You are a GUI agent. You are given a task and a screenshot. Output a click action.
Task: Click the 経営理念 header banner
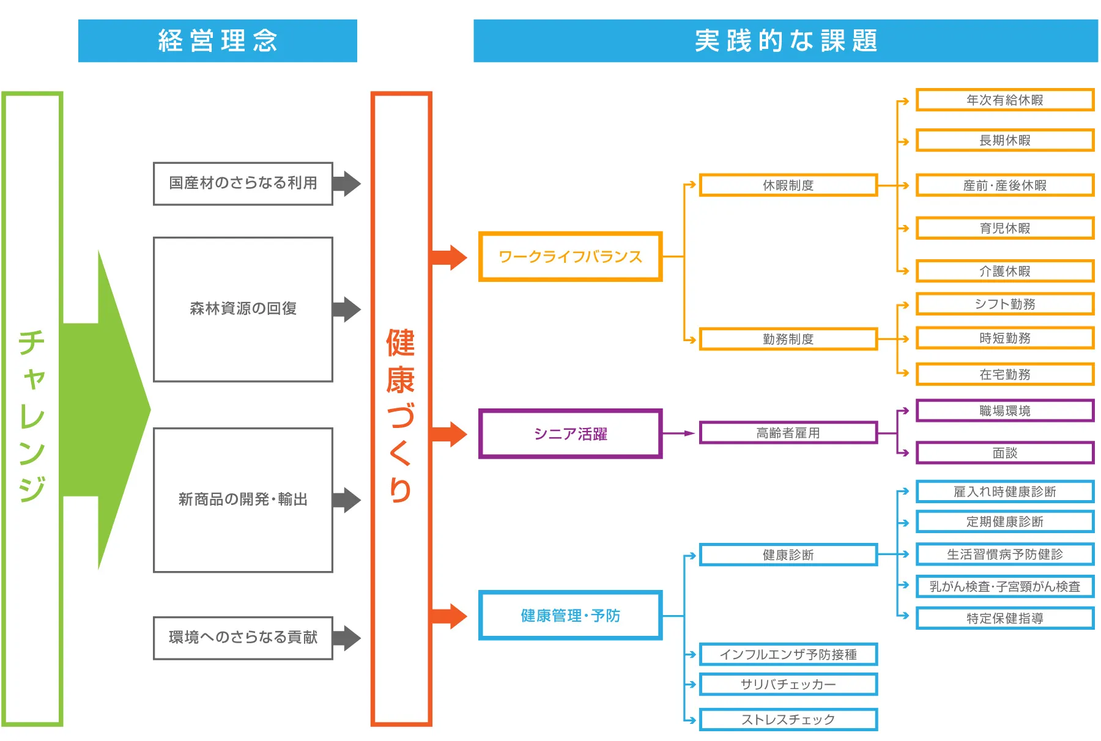coord(217,41)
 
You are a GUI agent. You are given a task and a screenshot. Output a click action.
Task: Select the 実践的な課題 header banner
coord(785,41)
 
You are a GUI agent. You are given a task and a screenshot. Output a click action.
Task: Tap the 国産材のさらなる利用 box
coord(243,183)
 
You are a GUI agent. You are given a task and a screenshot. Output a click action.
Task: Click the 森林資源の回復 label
coord(243,309)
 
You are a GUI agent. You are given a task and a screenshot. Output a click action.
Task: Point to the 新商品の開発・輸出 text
coord(243,500)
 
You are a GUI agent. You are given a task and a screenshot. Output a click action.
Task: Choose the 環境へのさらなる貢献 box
coord(243,638)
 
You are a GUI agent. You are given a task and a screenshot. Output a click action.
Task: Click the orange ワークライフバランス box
coord(570,257)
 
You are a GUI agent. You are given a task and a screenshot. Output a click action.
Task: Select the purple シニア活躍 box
coord(570,434)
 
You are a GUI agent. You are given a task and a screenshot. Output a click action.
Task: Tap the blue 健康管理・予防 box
coord(570,616)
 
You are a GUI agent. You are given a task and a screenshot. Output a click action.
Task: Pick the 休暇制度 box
coord(788,185)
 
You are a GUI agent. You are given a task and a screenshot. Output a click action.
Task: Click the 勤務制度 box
coord(788,339)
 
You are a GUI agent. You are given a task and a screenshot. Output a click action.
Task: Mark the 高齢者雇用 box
coord(788,433)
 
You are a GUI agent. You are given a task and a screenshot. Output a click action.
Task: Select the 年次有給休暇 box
coord(1004,100)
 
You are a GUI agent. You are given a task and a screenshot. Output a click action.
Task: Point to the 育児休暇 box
coord(1004,229)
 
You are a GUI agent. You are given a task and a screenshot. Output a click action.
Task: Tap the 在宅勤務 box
coord(1004,374)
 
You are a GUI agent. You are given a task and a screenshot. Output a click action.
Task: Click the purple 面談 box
coord(1004,453)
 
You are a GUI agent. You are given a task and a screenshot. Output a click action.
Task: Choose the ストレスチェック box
coord(788,720)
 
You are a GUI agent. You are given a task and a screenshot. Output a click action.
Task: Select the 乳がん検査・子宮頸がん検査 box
coord(1004,587)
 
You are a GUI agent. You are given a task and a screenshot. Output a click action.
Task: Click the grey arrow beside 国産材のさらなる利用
coord(347,183)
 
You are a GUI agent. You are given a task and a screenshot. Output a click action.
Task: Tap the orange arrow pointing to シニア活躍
coord(450,434)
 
